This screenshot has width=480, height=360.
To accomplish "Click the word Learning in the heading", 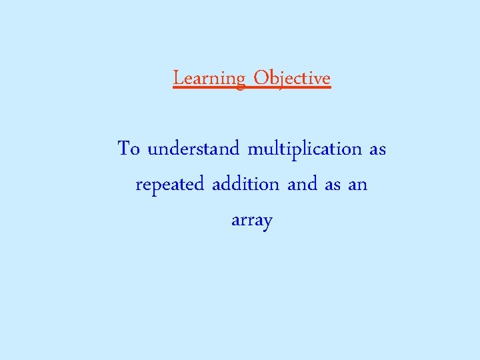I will pyautogui.click(x=209, y=79).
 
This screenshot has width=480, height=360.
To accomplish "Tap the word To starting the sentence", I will pyautogui.click(x=129, y=148).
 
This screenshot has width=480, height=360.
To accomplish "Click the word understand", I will pyautogui.click(x=193, y=148).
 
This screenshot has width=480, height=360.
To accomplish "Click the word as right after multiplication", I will pyautogui.click(x=377, y=149).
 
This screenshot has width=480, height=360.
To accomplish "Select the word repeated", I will pyautogui.click(x=170, y=185).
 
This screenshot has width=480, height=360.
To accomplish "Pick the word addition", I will pyautogui.click(x=245, y=184).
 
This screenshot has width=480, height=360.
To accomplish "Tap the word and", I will pyautogui.click(x=303, y=184).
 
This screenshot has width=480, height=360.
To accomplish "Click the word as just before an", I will pyautogui.click(x=333, y=185).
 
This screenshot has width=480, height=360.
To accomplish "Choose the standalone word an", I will pyautogui.click(x=358, y=185).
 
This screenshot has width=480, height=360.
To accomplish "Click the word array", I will pyautogui.click(x=251, y=221).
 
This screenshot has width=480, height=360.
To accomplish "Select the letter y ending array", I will pyautogui.click(x=267, y=223).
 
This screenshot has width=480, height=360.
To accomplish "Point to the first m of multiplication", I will pyautogui.click(x=255, y=149).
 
